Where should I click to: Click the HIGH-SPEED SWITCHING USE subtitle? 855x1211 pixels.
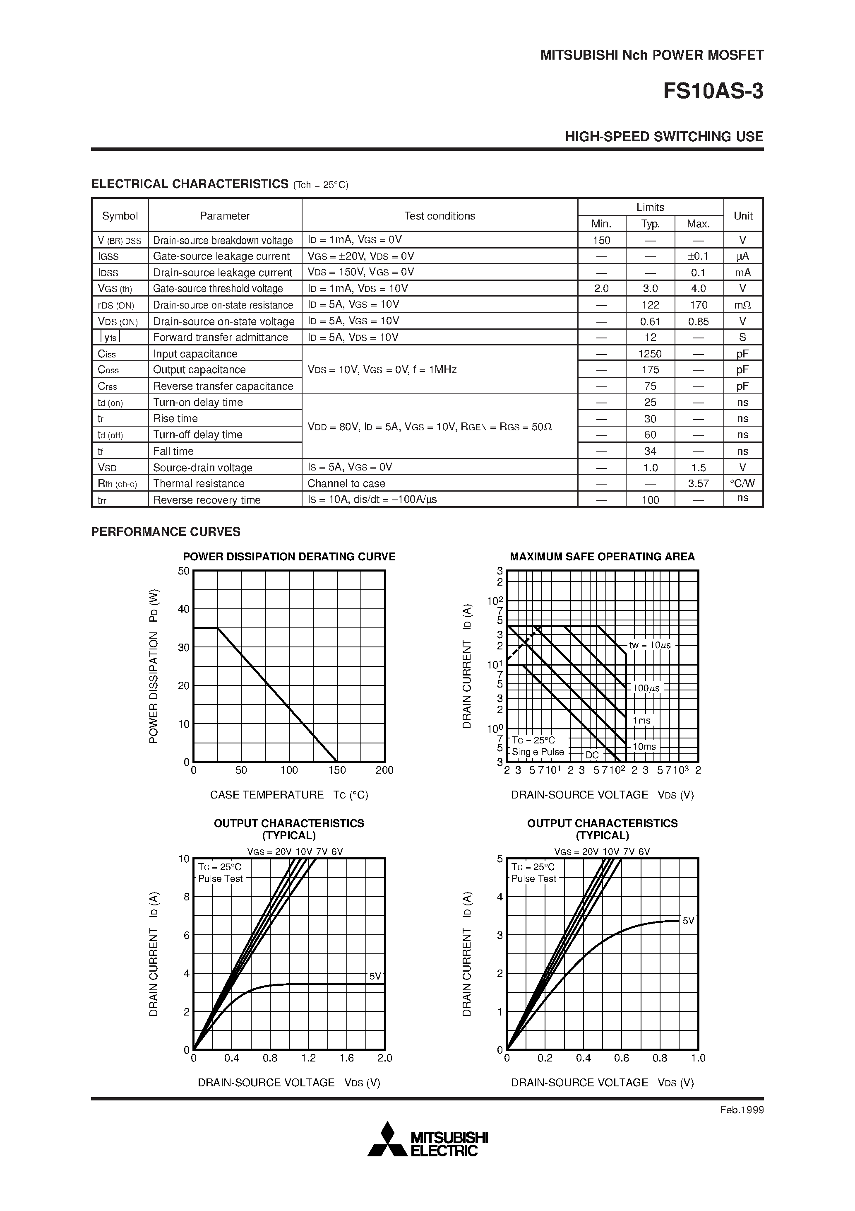pyautogui.click(x=664, y=137)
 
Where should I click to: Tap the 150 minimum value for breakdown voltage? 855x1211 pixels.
pyautogui.click(x=601, y=241)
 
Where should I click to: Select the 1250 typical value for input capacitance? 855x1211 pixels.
pyautogui.click(x=650, y=354)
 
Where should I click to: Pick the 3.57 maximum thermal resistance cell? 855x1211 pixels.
pyautogui.click(x=699, y=484)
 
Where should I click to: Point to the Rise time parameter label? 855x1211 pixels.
pyautogui.click(x=175, y=419)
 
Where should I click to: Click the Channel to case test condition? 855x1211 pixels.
pyautogui.click(x=346, y=484)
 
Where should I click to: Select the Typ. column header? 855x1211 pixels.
pyautogui.click(x=650, y=224)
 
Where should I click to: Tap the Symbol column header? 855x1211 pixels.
pyautogui.click(x=120, y=216)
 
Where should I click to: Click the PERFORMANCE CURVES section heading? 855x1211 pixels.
pyautogui.click(x=166, y=532)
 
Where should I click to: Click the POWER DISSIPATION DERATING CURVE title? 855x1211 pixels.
pyautogui.click(x=289, y=557)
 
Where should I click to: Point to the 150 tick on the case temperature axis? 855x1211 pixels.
pyautogui.click(x=337, y=770)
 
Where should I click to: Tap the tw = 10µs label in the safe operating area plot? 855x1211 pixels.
pyautogui.click(x=650, y=645)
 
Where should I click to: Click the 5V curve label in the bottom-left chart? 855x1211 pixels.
pyautogui.click(x=375, y=976)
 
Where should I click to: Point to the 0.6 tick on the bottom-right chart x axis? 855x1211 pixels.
pyautogui.click(x=622, y=1058)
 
